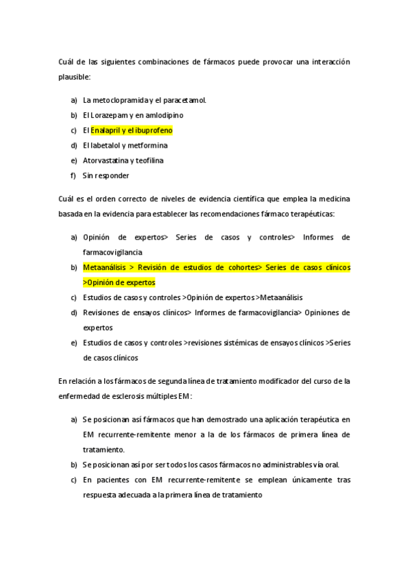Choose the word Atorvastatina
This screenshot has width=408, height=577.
coord(106,161)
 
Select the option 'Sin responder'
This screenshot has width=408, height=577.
coord(106,176)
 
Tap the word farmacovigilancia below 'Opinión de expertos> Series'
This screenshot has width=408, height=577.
coord(112,252)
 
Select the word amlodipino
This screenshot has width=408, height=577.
coord(163,115)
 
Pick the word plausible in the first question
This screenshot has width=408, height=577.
coord(74,77)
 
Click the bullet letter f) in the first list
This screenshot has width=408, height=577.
coord(74,176)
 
